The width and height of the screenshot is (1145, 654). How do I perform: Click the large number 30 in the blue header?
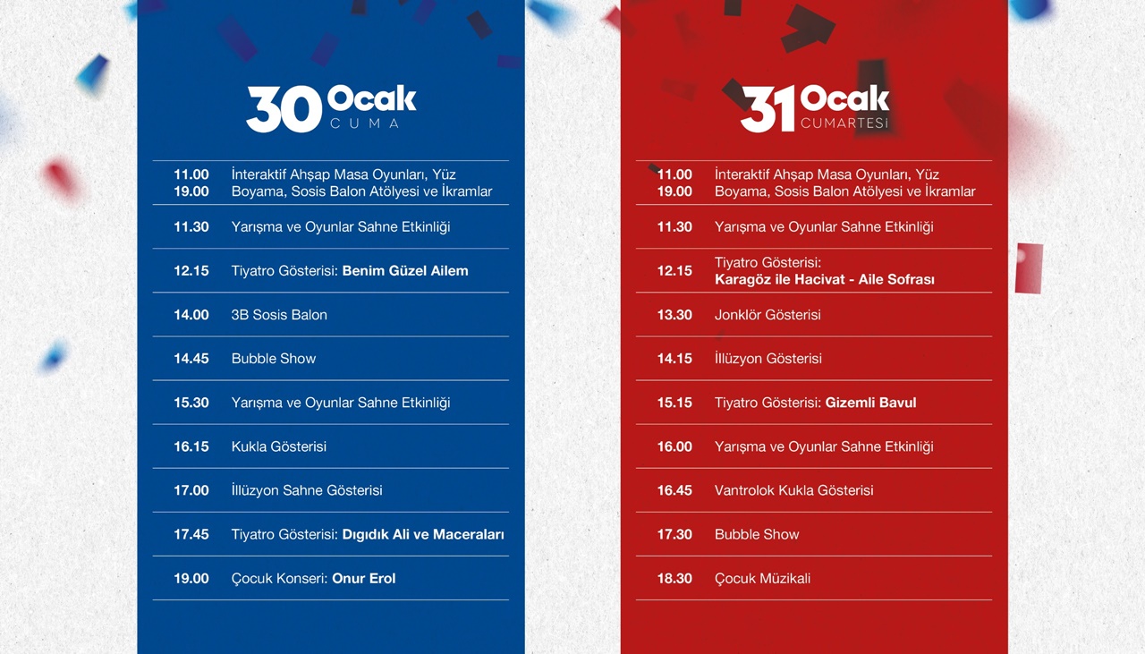pyautogui.click(x=284, y=109)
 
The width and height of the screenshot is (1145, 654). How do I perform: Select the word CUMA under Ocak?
pyautogui.click(x=364, y=123)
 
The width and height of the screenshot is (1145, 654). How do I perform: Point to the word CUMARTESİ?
pyautogui.click(x=844, y=123)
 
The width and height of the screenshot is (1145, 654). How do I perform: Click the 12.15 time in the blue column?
pyautogui.click(x=191, y=271)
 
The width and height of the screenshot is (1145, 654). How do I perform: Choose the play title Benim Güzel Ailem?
pyautogui.click(x=405, y=271)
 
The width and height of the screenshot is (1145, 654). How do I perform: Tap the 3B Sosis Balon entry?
pyautogui.click(x=279, y=315)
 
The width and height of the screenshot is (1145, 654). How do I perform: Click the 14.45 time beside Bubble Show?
pyautogui.click(x=191, y=359)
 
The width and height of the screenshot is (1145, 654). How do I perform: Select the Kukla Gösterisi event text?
pyautogui.click(x=278, y=447)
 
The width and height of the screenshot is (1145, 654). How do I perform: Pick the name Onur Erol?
pyautogui.click(x=364, y=579)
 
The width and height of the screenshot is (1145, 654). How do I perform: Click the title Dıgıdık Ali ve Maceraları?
pyautogui.click(x=423, y=535)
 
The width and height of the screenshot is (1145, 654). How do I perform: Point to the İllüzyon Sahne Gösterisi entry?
pyautogui.click(x=307, y=490)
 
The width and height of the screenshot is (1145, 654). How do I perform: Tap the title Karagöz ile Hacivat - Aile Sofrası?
pyautogui.click(x=825, y=280)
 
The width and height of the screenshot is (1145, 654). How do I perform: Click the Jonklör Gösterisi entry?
pyautogui.click(x=768, y=315)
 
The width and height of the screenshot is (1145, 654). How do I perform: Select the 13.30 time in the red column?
pyautogui.click(x=674, y=315)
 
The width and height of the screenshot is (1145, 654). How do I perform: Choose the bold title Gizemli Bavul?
pyautogui.click(x=871, y=403)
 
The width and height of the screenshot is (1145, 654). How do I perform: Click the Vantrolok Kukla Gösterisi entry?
pyautogui.click(x=793, y=491)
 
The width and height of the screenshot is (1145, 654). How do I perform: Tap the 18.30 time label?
pyautogui.click(x=674, y=579)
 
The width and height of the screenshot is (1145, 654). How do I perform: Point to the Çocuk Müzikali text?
pyautogui.click(x=763, y=579)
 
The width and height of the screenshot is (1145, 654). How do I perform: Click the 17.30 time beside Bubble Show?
pyautogui.click(x=674, y=535)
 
